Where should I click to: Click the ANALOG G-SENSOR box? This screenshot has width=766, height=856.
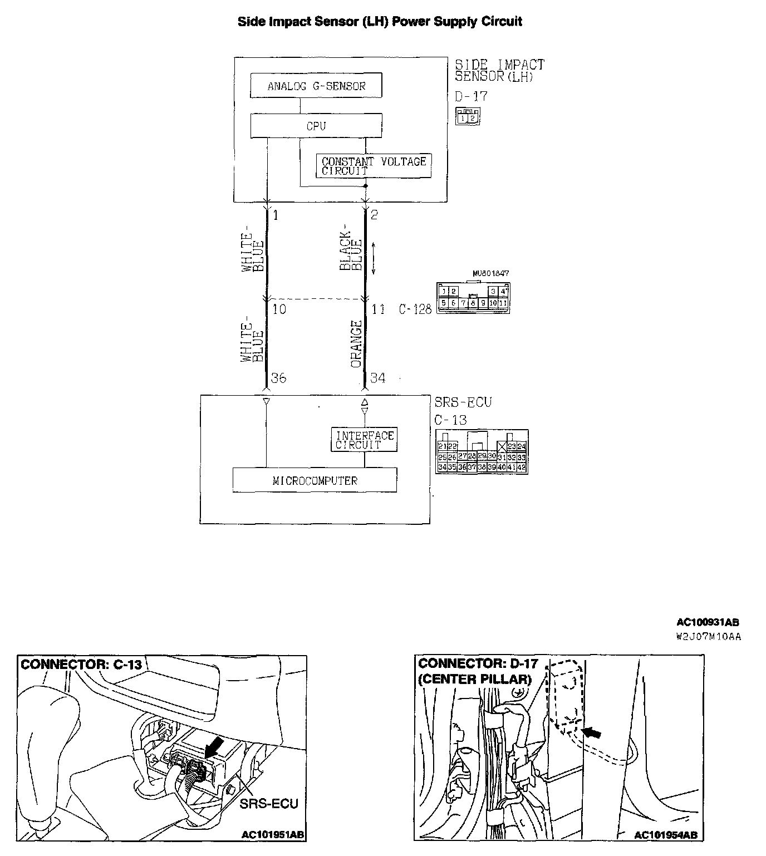tap(316, 86)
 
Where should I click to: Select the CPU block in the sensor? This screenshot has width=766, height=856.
tap(316, 126)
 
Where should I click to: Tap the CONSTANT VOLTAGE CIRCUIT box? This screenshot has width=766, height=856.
tap(373, 166)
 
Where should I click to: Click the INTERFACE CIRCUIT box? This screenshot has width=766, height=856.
tap(364, 440)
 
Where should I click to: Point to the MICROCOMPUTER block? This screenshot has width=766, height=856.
tap(315, 480)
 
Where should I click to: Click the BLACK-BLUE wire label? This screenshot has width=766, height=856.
tap(351, 252)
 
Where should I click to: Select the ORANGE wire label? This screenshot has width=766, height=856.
tap(356, 345)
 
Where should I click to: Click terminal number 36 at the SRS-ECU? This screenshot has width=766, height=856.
tap(278, 378)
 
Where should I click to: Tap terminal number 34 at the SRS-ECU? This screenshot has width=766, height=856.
tap(377, 378)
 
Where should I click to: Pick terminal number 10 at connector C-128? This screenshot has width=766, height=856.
tap(279, 309)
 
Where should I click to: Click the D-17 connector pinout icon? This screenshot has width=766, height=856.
tap(468, 116)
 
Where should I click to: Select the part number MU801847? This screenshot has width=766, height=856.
tap(490, 274)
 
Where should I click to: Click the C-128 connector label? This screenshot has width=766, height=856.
tap(415, 309)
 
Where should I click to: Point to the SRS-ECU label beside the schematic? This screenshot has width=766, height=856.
tap(463, 402)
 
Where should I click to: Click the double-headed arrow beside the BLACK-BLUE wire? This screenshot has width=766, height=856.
tap(374, 258)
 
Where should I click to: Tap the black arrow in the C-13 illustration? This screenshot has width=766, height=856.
tap(214, 747)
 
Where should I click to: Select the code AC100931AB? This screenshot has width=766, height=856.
tap(708, 623)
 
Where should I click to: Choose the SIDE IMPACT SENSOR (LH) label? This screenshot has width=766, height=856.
tap(499, 71)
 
